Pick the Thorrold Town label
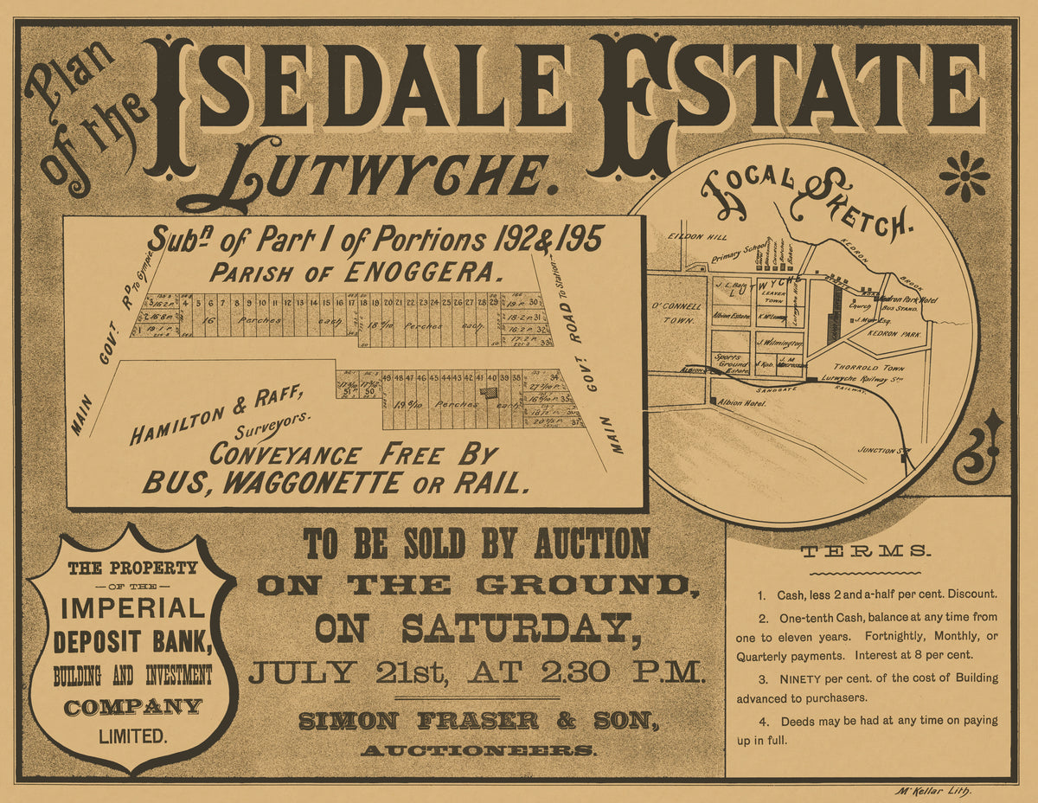856,367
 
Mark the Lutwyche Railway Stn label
865,378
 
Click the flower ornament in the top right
964,176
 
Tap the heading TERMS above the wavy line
865,551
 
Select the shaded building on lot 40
490,391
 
